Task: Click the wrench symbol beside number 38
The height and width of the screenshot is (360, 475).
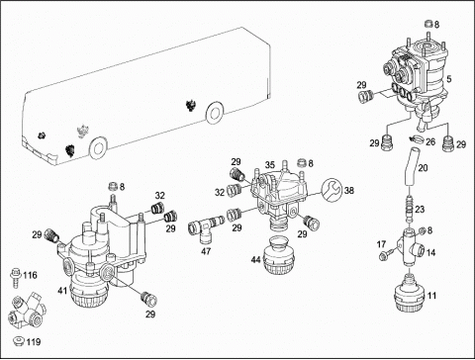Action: tap(332, 190)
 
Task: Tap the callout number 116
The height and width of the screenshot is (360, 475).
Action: tap(30, 275)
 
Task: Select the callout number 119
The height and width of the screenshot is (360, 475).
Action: tap(34, 342)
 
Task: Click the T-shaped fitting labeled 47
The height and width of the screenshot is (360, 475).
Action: tap(206, 227)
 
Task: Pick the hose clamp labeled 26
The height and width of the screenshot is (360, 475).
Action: tap(417, 139)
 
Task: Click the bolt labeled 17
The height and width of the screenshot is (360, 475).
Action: tap(386, 255)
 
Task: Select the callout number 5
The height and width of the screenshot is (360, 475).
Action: tap(449, 79)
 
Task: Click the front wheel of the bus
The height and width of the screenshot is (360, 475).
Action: tap(98, 148)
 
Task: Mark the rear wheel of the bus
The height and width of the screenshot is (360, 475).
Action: tap(215, 113)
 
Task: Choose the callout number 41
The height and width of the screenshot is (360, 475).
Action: tap(62, 291)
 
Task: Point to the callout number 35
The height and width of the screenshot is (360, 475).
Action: tap(270, 165)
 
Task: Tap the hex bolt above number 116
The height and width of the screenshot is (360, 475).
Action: tap(15, 277)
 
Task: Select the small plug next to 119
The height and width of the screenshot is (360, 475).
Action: tap(18, 341)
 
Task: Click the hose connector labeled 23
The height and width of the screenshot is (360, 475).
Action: tap(410, 210)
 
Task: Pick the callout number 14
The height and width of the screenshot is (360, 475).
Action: tap(430, 253)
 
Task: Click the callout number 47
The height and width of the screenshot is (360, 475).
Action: tap(206, 251)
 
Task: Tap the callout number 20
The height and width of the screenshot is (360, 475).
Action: tap(423, 168)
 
